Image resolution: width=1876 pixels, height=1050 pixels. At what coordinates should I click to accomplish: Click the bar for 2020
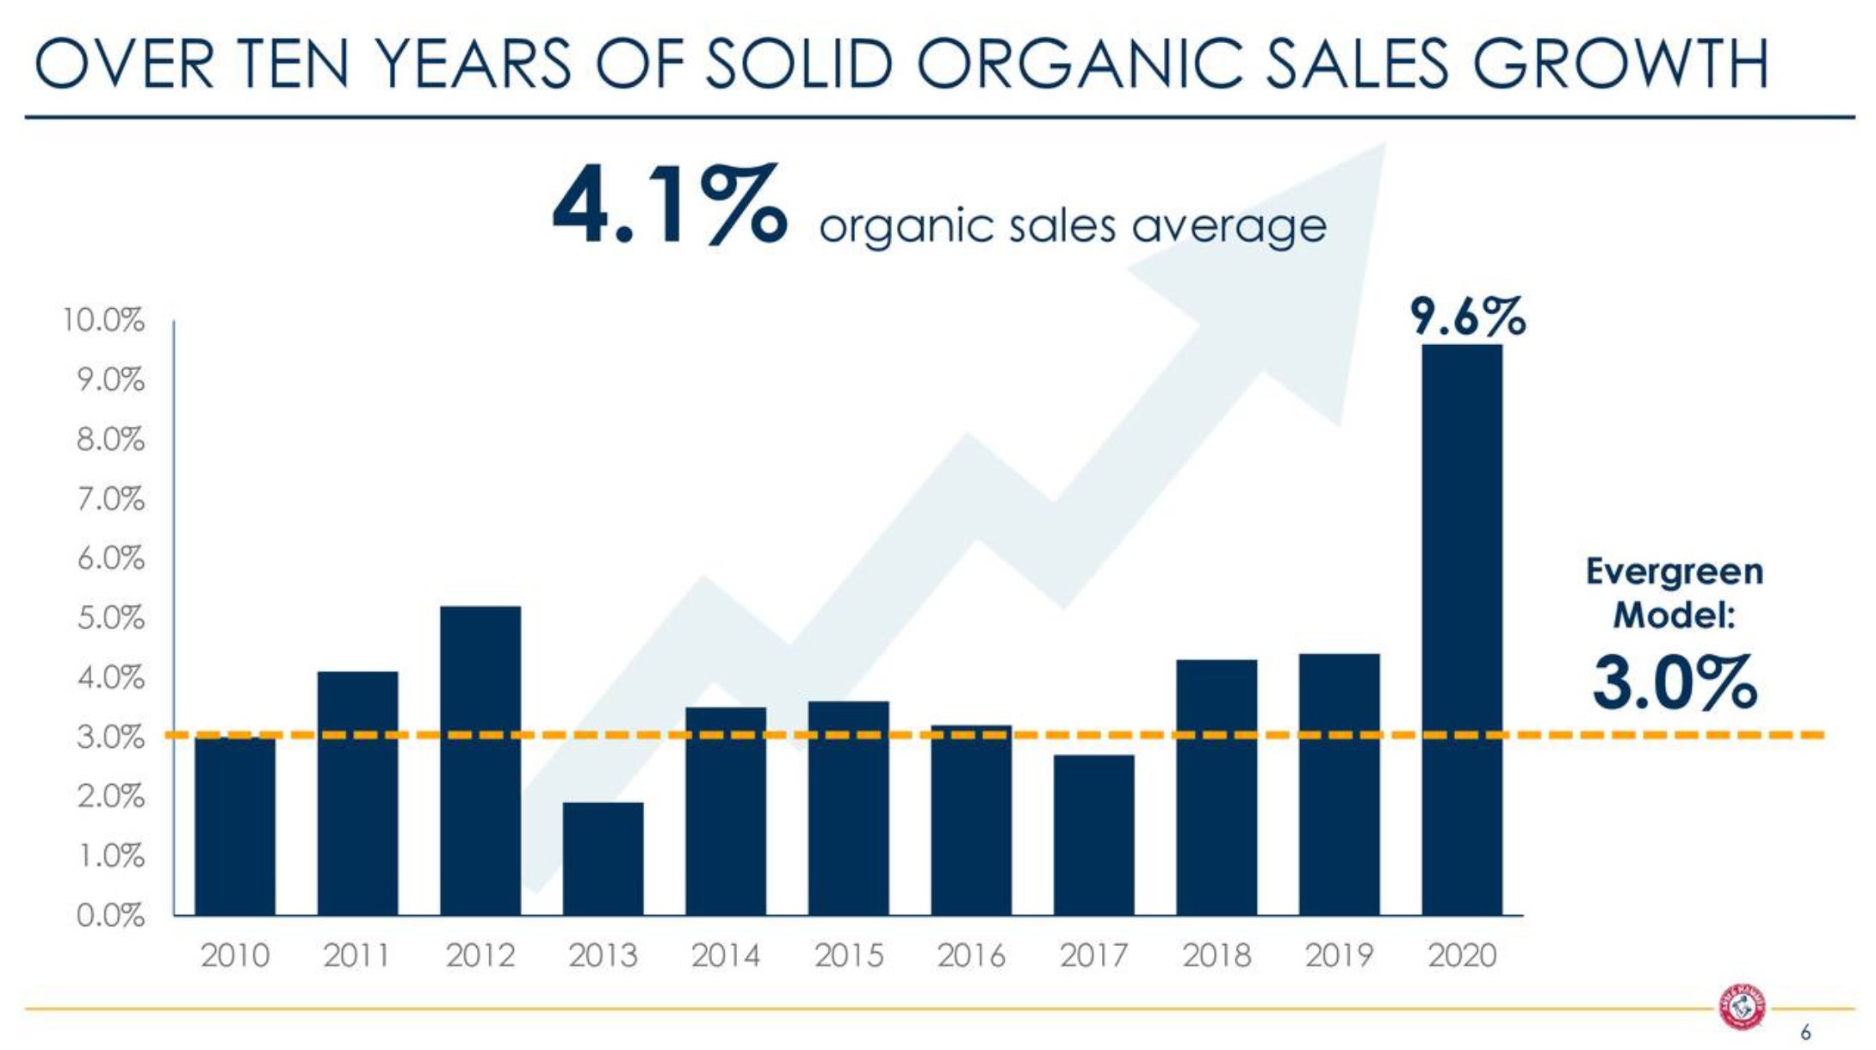tap(1461, 629)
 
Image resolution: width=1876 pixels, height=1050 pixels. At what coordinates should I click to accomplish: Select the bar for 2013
tap(603, 858)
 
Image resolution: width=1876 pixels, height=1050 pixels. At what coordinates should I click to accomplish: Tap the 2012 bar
tap(480, 760)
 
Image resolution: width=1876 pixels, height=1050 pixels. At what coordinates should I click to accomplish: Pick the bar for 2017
tap(1093, 834)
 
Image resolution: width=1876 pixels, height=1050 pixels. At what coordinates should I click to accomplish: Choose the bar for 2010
tap(235, 825)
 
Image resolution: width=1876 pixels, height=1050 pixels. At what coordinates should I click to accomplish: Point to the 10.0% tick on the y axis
tap(103, 321)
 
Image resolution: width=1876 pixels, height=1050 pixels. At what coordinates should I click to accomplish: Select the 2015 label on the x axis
tap(848, 955)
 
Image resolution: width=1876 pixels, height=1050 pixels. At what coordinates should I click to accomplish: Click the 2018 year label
tap(1216, 955)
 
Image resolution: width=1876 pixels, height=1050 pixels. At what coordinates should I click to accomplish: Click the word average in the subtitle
tap(1229, 226)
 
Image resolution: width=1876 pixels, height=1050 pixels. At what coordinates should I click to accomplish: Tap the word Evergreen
tap(1674, 572)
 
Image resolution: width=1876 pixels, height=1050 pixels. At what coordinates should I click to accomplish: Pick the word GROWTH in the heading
tap(1620, 65)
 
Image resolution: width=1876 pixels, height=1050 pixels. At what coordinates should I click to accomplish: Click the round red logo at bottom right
tap(1742, 1006)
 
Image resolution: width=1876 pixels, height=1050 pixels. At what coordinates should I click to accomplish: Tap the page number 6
tap(1805, 1033)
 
